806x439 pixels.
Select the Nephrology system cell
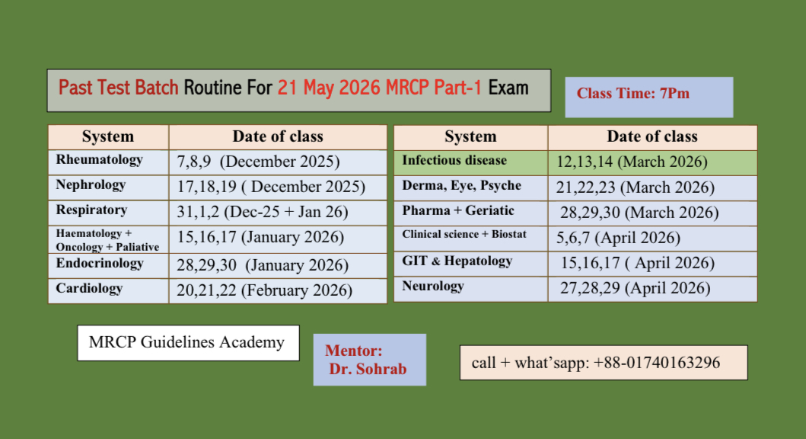tap(109, 187)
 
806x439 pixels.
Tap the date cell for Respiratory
tap(278, 213)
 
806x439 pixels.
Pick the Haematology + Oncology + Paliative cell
tap(109, 240)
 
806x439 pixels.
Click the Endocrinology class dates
tap(263, 265)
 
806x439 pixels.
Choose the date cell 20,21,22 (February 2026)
tap(278, 291)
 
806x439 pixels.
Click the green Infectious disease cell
tap(471, 162)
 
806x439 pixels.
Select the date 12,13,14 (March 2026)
tap(632, 162)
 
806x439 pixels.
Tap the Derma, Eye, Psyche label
tap(461, 185)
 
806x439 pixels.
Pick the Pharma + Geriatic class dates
tap(639, 213)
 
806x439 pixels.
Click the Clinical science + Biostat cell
tap(471, 239)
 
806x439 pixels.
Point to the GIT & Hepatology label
tap(457, 261)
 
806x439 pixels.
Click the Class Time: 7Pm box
tap(649, 98)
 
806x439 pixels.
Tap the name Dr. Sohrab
tap(368, 369)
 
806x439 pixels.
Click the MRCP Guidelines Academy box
tap(188, 343)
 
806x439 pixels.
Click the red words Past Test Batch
tap(118, 88)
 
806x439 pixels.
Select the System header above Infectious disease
tap(471, 137)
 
